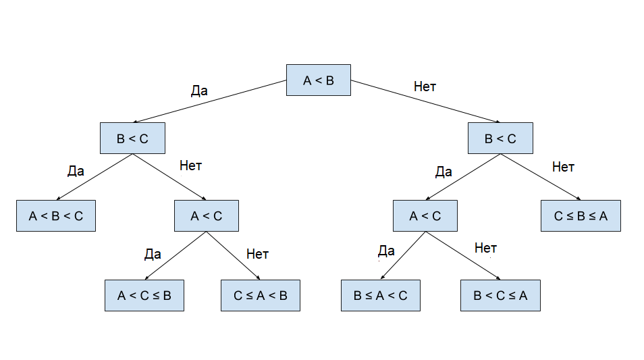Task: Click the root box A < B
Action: click(x=318, y=80)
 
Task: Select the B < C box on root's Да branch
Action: click(x=132, y=138)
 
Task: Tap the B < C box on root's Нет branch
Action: click(x=500, y=138)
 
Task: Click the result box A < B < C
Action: click(x=56, y=216)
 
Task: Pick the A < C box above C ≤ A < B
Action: click(x=206, y=216)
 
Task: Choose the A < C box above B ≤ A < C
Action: click(x=425, y=216)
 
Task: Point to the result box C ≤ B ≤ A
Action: click(x=581, y=216)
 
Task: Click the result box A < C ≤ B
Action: click(x=144, y=295)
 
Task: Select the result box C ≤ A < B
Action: click(x=260, y=295)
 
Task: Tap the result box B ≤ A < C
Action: click(x=380, y=295)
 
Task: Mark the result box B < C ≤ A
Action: click(x=500, y=295)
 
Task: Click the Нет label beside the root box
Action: click(x=425, y=87)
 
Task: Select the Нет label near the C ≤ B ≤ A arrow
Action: click(x=563, y=168)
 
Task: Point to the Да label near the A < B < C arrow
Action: click(x=76, y=171)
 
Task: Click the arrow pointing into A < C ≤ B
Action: click(x=176, y=256)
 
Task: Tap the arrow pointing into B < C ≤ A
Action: click(x=462, y=256)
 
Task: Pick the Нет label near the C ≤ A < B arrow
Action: click(x=257, y=254)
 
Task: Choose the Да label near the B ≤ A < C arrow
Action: click(x=386, y=251)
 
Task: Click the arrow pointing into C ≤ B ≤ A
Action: click(x=541, y=177)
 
